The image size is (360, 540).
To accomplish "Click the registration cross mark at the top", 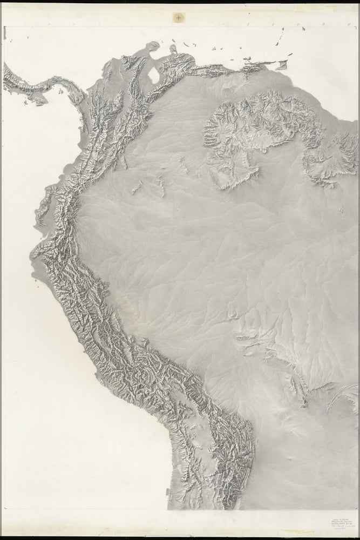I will click(x=179, y=18).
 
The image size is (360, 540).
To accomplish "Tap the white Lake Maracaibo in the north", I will click(x=155, y=75).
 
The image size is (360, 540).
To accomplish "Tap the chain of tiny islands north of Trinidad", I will click(x=281, y=38).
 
